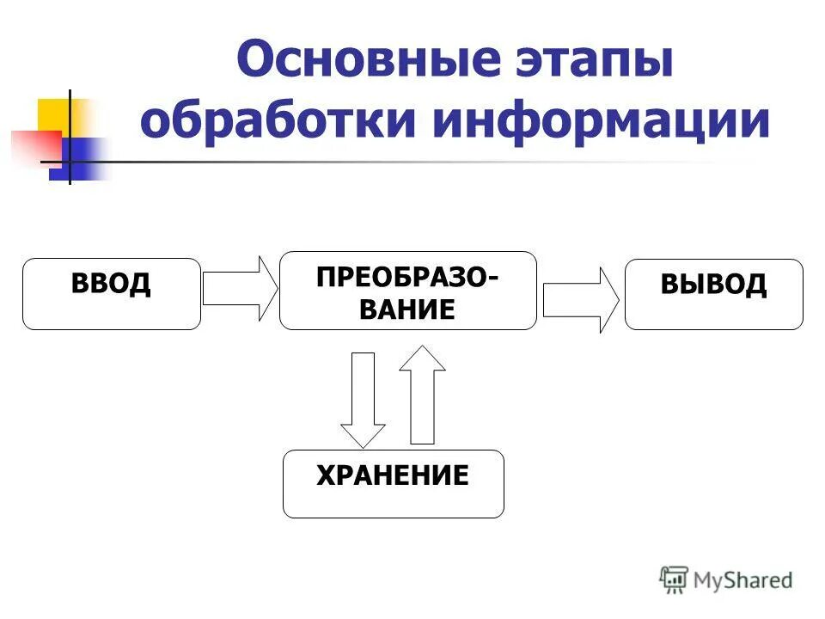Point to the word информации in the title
coord(602,121)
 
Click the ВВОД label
coord(112,284)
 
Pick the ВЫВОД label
coord(713,285)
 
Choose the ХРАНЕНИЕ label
coord(393,475)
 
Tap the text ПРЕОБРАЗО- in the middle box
coord(406,278)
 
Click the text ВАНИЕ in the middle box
coord(407,309)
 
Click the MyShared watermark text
coord(743,580)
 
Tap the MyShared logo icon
coord(674,579)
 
